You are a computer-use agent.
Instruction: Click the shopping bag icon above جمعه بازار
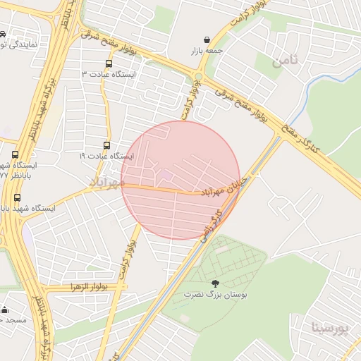click(x=206, y=39)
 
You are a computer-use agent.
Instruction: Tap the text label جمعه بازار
click(x=205, y=51)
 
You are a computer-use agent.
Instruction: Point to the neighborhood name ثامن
click(x=285, y=61)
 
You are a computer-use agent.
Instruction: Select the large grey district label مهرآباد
click(x=106, y=183)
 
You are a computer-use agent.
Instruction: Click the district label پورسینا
click(x=329, y=328)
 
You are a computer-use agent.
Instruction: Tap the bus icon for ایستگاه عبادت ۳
click(x=108, y=63)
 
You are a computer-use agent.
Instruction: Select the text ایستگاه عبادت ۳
click(x=109, y=74)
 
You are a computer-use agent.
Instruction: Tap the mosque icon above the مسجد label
click(x=5, y=309)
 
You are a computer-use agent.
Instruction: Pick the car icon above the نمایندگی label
click(x=3, y=34)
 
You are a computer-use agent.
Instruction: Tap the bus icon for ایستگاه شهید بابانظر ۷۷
click(x=16, y=154)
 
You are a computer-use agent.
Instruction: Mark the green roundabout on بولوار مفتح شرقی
click(x=198, y=76)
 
